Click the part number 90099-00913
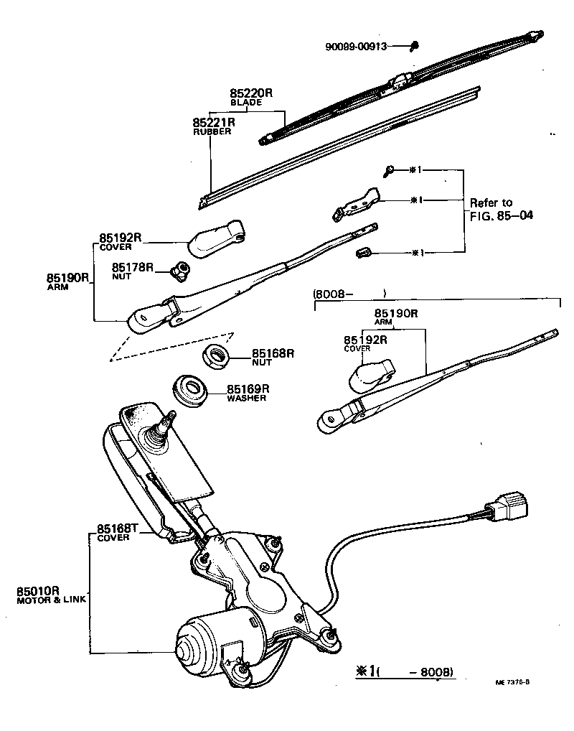[356, 47]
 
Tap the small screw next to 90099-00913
[415, 47]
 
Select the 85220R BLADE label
[252, 97]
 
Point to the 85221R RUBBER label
[214, 126]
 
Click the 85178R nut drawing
[180, 270]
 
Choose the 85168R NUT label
[273, 357]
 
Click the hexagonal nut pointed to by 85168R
[214, 355]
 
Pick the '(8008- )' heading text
[350, 293]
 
